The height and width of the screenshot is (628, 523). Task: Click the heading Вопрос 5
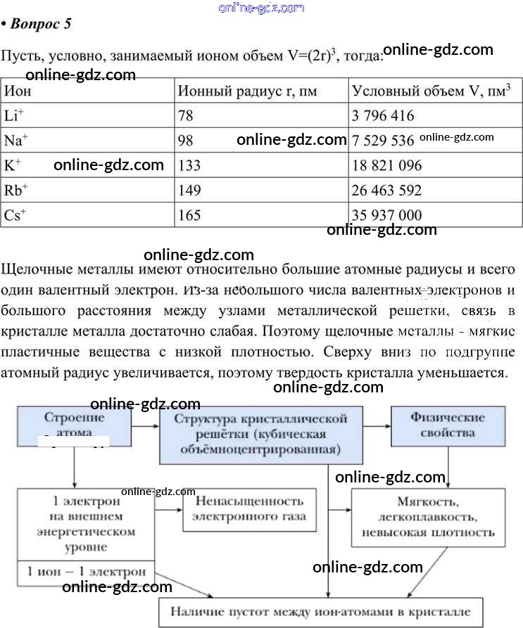point(40,25)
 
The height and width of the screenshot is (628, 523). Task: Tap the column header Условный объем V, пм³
point(431,91)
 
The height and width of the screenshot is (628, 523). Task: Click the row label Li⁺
point(13,115)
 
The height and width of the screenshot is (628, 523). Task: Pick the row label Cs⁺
point(15,215)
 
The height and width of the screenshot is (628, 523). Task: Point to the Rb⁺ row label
point(15,190)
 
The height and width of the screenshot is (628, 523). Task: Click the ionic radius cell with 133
point(189,166)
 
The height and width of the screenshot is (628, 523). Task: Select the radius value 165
point(189,215)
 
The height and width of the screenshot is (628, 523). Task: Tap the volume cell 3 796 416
point(383,115)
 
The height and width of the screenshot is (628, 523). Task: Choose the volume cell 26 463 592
point(387,191)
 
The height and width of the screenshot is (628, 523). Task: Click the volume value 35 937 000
point(387,215)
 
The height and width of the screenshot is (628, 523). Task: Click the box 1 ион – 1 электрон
point(86,570)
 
